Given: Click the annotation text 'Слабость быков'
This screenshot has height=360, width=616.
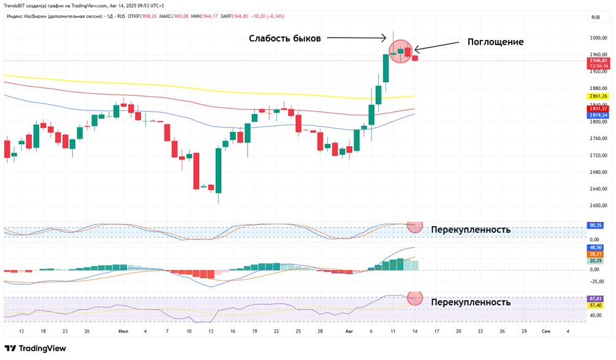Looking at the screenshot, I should [285, 38].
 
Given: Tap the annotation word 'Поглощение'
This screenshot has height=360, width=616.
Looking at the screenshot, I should [495, 42].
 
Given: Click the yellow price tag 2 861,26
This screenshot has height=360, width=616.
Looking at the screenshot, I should [598, 96].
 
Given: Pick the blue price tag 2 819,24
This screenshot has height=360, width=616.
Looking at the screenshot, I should [598, 115].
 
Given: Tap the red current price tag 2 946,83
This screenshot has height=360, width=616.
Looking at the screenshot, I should [598, 60].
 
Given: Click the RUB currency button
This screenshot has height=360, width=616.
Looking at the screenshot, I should [595, 17].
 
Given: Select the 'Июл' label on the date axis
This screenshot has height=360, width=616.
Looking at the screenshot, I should [123, 331].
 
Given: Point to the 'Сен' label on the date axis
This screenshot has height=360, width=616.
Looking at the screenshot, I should [546, 331].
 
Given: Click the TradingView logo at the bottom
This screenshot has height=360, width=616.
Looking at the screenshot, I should [35, 348].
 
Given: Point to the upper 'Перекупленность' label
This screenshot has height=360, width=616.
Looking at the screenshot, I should [471, 230].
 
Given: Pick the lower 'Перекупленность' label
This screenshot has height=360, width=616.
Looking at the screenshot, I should [471, 302].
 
